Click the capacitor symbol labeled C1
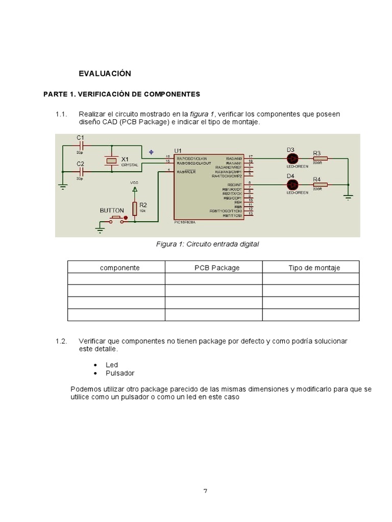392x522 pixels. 80,146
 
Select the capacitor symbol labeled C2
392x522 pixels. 80,172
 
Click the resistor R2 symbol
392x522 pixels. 135,208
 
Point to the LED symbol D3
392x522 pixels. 291,158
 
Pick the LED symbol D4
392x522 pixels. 291,184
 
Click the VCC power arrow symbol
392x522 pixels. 135,190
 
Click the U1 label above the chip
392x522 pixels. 178,150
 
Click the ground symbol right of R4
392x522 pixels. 348,196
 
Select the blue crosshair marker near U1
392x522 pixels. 151,152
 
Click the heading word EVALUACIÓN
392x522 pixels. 105,73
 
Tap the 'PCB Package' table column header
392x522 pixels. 217,268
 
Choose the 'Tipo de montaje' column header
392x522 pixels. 314,268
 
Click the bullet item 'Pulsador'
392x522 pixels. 120,373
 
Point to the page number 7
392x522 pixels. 205,491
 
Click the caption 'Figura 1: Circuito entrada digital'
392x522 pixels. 207,244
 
